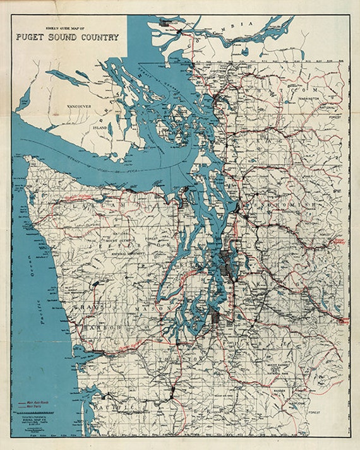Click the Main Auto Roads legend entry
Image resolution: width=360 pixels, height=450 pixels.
click(x=39, y=401)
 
